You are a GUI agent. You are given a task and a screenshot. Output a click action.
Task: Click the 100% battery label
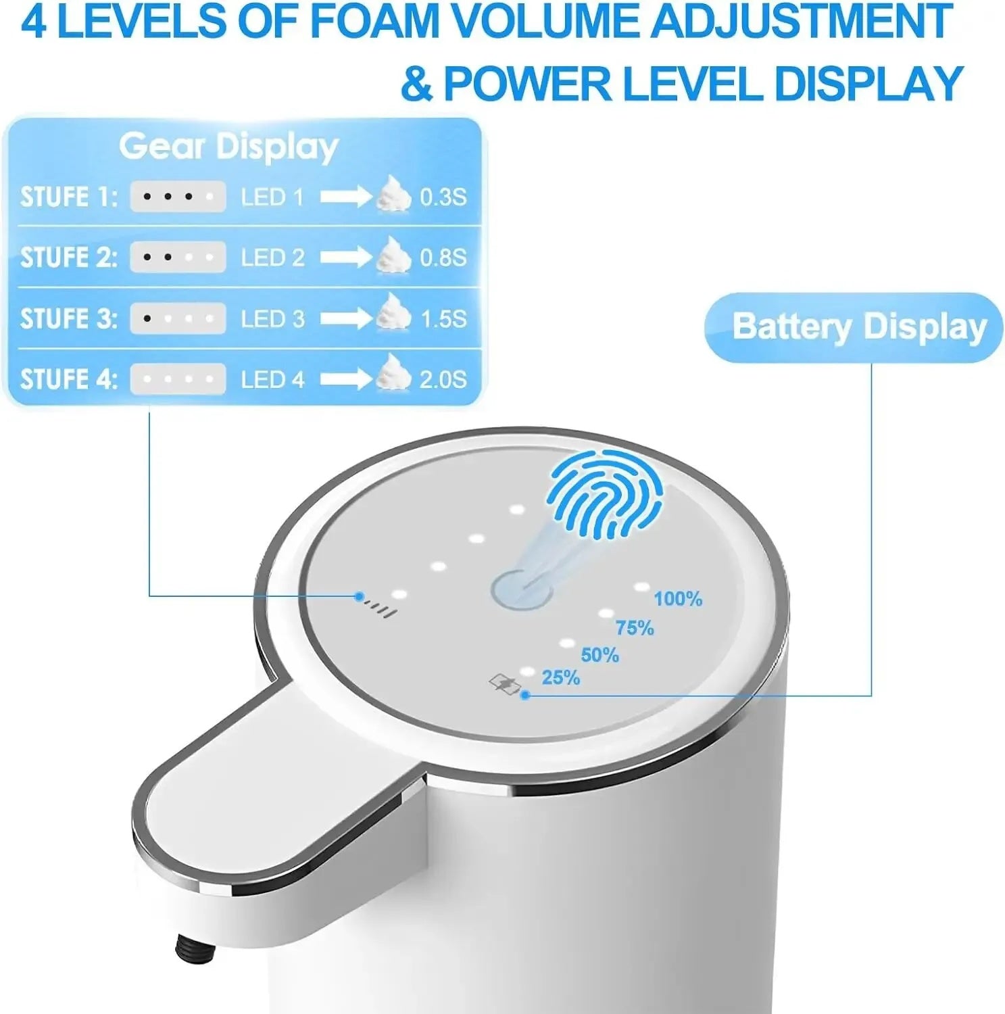[677, 599]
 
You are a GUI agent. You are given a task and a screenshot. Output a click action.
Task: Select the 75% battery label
[634, 628]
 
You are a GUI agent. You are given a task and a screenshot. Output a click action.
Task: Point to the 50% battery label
[599, 655]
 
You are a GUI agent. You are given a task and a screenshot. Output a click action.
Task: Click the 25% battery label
[560, 677]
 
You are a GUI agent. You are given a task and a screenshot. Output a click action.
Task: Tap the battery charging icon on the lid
[504, 684]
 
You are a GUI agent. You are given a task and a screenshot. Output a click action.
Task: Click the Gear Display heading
[228, 147]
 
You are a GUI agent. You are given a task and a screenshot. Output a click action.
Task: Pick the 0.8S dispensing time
[443, 258]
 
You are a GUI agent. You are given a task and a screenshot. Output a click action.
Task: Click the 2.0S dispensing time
[443, 379]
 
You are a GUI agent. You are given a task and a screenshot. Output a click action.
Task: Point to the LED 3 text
[273, 319]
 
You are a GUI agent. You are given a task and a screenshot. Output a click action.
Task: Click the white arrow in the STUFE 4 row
[345, 379]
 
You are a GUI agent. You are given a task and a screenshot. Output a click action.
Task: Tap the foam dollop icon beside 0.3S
[393, 194]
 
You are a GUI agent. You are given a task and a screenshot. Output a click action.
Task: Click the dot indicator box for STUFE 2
[178, 258]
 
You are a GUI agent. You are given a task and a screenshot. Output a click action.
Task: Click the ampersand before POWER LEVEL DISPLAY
[416, 84]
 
